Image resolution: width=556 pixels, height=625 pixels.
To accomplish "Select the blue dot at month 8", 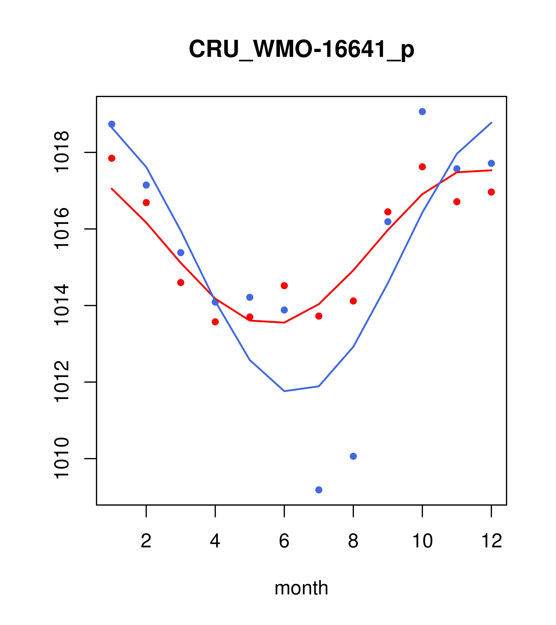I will pos(353,456).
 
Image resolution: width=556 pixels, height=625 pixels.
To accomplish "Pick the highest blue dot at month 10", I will pos(422,112).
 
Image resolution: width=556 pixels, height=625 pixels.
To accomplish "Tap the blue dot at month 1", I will pos(112,124).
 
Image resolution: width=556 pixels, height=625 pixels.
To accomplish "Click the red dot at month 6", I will pos(284,286).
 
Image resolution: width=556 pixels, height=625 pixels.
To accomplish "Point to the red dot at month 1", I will pos(112,158).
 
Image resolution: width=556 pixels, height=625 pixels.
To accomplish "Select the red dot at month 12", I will pos(491,192).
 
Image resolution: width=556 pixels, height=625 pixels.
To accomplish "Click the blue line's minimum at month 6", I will pos(284,391).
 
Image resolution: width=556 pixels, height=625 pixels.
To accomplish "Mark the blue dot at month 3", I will pos(181,253).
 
